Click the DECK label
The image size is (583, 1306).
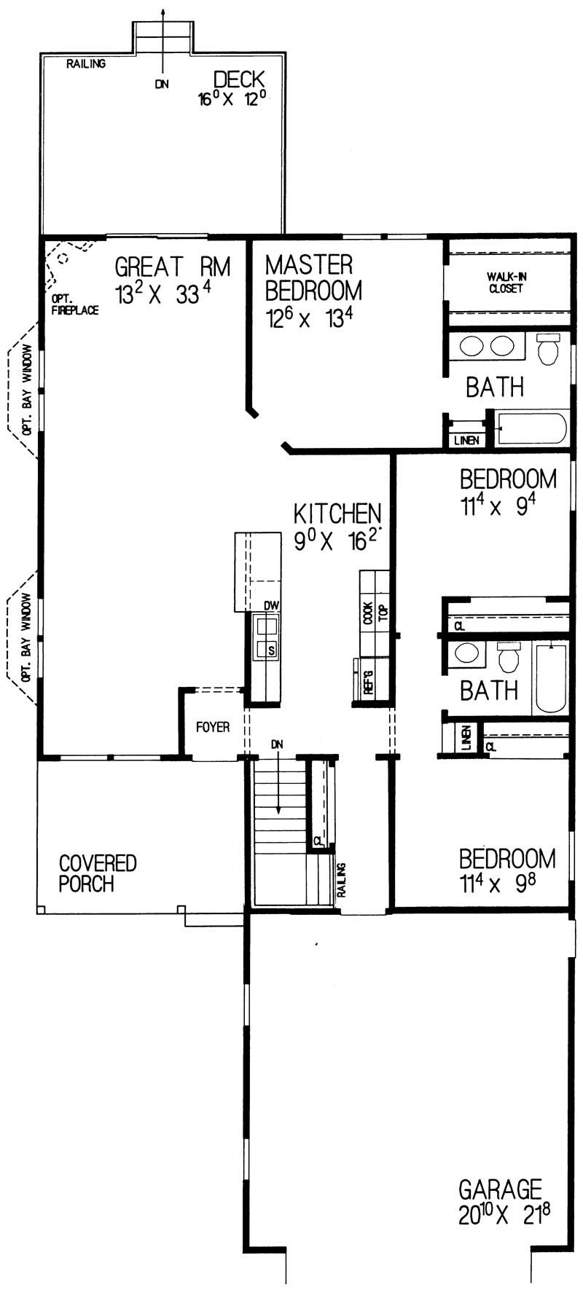pos(238,79)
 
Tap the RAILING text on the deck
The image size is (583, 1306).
pos(86,63)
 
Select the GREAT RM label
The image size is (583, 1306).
pos(173,267)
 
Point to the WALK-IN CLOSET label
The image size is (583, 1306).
pos(506,283)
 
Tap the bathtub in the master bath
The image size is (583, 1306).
pos(531,429)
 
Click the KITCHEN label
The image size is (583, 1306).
pos(337,514)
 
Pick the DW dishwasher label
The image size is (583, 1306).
pos(272,605)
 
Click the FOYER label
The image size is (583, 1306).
pos(213,727)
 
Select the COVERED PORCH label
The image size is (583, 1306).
pos(97,873)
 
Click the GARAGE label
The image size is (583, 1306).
pos(500,1189)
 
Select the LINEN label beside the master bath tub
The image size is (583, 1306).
pos(466,441)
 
